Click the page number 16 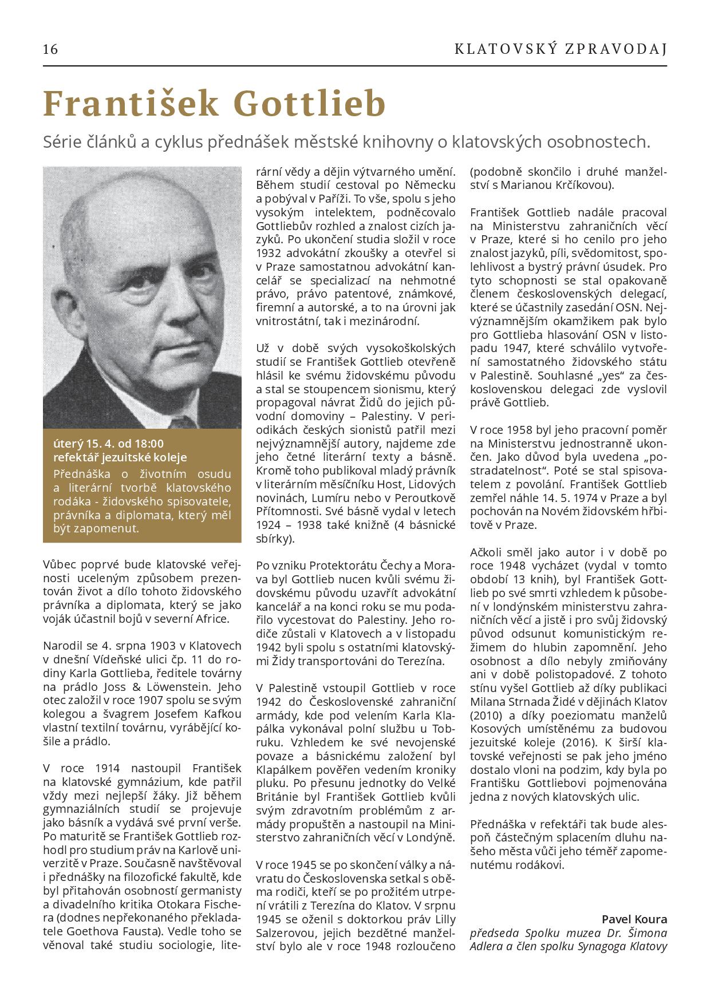[x=50, y=49]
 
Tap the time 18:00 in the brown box [x=149, y=444]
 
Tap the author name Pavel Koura [x=634, y=919]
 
